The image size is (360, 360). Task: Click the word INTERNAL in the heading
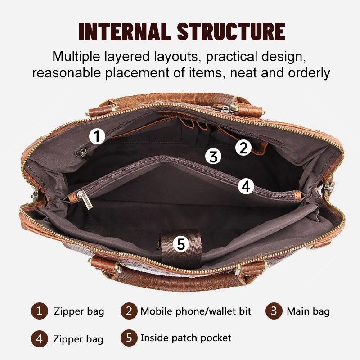(125, 31)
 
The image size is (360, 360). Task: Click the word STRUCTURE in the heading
(231, 31)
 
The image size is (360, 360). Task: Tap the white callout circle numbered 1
(97, 136)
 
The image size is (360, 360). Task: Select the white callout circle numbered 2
(243, 148)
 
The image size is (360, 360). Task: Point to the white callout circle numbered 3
(213, 156)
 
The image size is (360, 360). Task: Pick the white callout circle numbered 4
(246, 186)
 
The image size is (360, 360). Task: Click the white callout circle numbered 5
(181, 243)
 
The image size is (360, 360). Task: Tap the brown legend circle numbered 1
(40, 311)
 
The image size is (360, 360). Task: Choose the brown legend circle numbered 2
(129, 311)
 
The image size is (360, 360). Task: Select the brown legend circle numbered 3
(274, 311)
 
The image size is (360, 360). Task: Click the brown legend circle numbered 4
(40, 339)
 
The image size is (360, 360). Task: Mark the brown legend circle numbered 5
(129, 338)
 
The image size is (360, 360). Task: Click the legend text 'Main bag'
(308, 311)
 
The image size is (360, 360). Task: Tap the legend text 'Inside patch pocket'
(186, 338)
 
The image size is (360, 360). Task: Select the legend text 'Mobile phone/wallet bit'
(196, 311)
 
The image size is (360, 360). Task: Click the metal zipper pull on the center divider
(85, 200)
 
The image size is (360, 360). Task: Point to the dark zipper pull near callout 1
(84, 153)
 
